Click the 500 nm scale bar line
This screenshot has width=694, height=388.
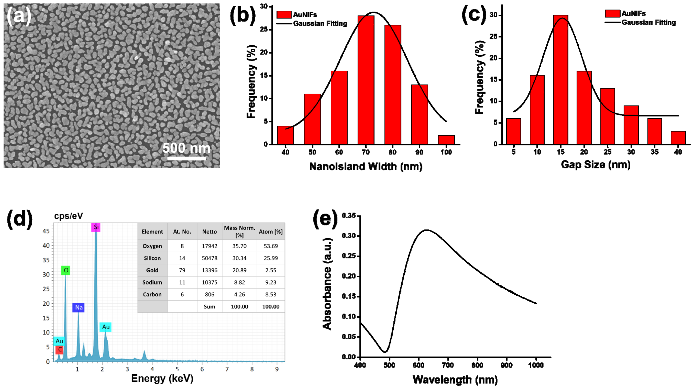pyautogui.click(x=186, y=158)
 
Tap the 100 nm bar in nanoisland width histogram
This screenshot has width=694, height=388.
pyautogui.click(x=446, y=140)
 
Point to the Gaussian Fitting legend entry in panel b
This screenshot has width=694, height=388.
pyautogui.click(x=320, y=23)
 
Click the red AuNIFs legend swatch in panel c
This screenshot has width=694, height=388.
pyautogui.click(x=613, y=13)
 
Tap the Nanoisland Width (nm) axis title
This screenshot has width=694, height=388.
pyautogui.click(x=366, y=166)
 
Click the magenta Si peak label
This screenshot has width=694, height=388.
pyautogui.click(x=96, y=227)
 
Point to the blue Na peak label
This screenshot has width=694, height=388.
pyautogui.click(x=78, y=308)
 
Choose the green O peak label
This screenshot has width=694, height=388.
pyautogui.click(x=66, y=270)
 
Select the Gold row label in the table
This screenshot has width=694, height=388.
pyautogui.click(x=152, y=270)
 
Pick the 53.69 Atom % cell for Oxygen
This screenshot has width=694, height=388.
pyautogui.click(x=270, y=246)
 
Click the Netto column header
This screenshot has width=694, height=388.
pyautogui.click(x=209, y=232)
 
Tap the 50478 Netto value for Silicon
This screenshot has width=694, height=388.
pyautogui.click(x=209, y=258)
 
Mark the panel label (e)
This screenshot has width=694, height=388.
pyautogui.click(x=325, y=219)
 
